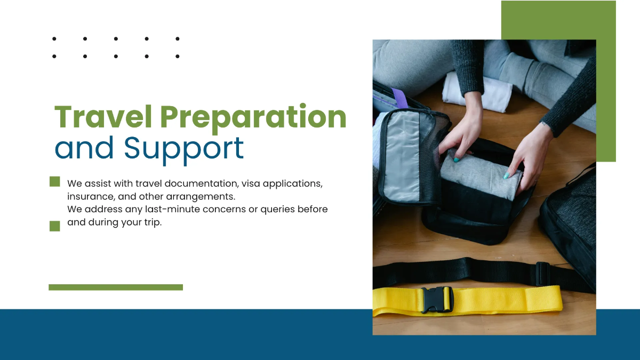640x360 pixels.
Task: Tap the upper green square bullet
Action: click(54, 181)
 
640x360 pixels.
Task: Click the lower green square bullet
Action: click(54, 226)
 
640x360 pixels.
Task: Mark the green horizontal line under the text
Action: click(116, 287)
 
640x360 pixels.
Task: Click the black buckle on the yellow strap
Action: click(437, 299)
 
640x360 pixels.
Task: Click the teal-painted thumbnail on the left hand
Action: click(457, 158)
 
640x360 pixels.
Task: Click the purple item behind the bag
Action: click(399, 98)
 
